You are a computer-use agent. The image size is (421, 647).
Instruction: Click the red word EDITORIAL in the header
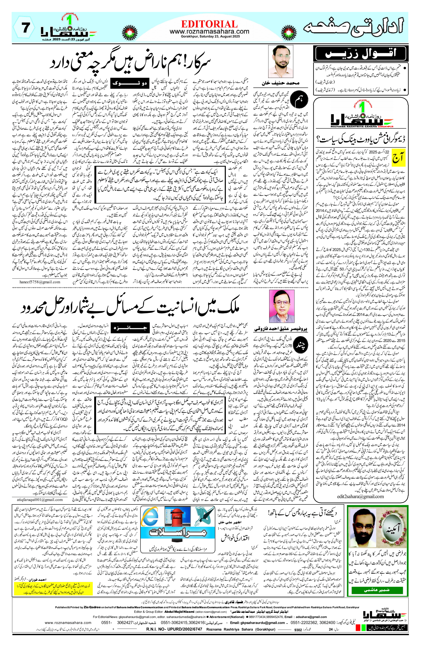click(x=209, y=24)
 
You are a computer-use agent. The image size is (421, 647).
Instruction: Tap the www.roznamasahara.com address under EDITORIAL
click(x=209, y=32)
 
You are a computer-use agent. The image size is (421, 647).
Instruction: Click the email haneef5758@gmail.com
click(x=40, y=282)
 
